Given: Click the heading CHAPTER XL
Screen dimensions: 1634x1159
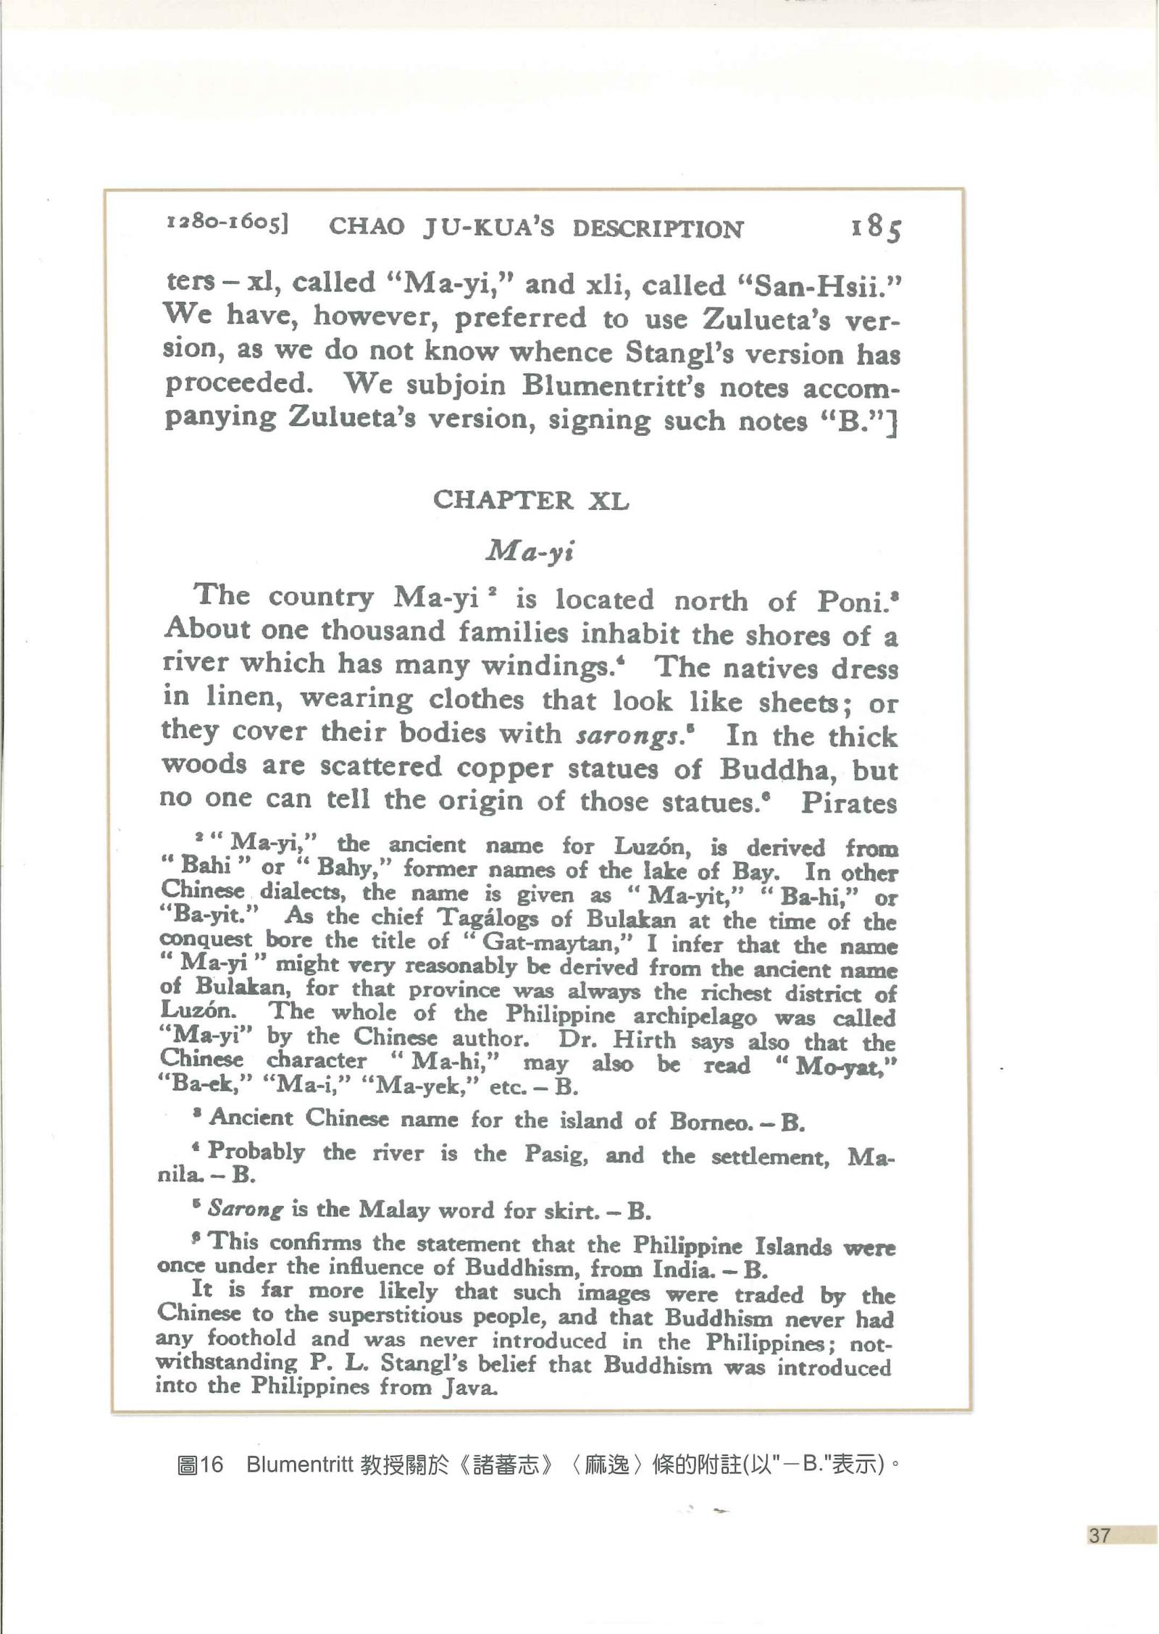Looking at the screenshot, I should click(x=530, y=500).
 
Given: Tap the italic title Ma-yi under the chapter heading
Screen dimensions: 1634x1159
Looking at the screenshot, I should click(x=530, y=552).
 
